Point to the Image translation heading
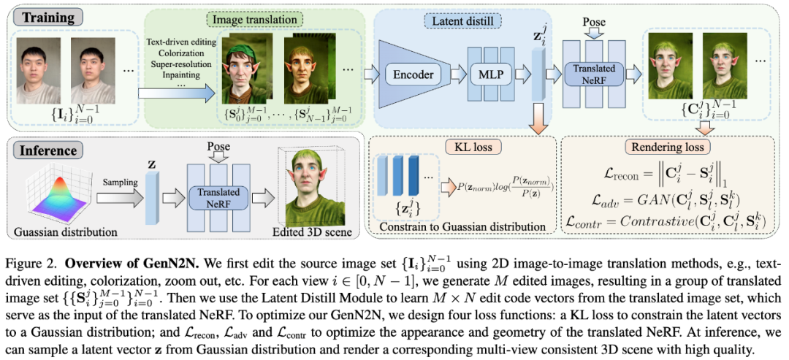[248, 17]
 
